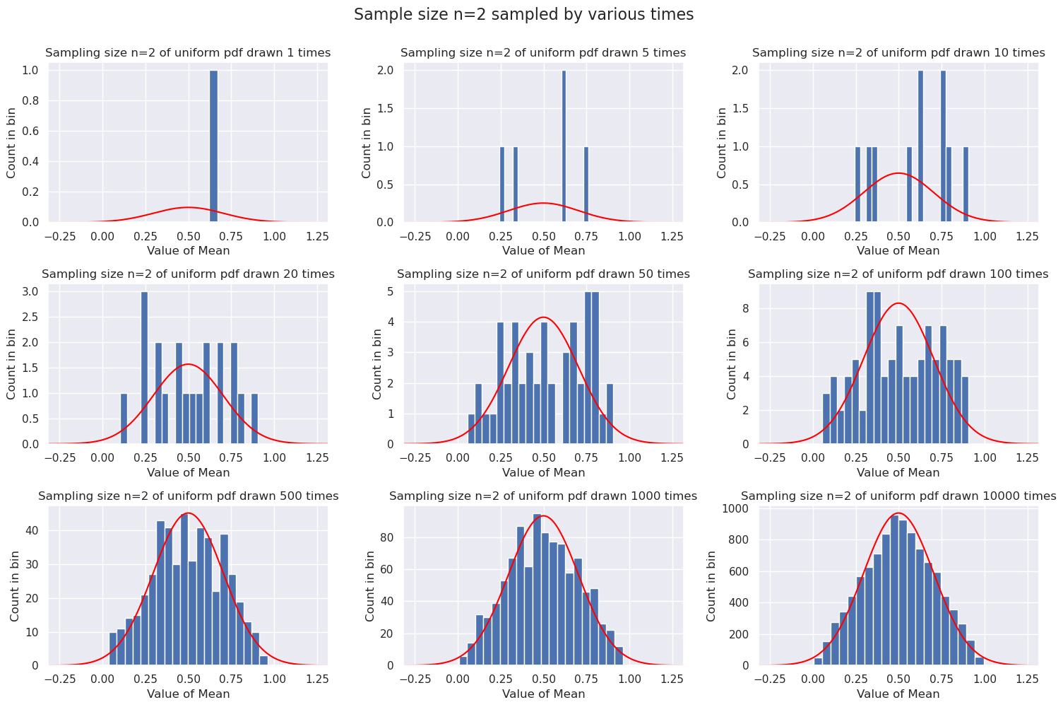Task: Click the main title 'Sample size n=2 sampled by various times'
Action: (x=523, y=15)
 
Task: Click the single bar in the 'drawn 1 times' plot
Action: (x=213, y=146)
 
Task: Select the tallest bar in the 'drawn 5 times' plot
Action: (x=564, y=146)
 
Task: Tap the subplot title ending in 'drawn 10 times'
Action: (x=898, y=53)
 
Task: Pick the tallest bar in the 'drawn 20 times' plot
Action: (x=144, y=368)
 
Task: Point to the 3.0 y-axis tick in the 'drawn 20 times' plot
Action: (x=32, y=291)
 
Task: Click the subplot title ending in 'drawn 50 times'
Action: (x=543, y=274)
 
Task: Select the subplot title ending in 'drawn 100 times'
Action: (x=898, y=274)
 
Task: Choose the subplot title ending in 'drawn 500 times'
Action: (x=188, y=496)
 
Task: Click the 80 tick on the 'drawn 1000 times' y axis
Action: (x=388, y=538)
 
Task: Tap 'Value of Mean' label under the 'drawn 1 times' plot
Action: (x=188, y=251)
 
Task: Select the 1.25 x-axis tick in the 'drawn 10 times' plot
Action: (x=1026, y=235)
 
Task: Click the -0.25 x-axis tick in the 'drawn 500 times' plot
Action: (x=60, y=679)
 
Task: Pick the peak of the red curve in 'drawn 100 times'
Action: (x=898, y=303)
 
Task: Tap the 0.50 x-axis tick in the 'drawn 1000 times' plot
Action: (x=544, y=679)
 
